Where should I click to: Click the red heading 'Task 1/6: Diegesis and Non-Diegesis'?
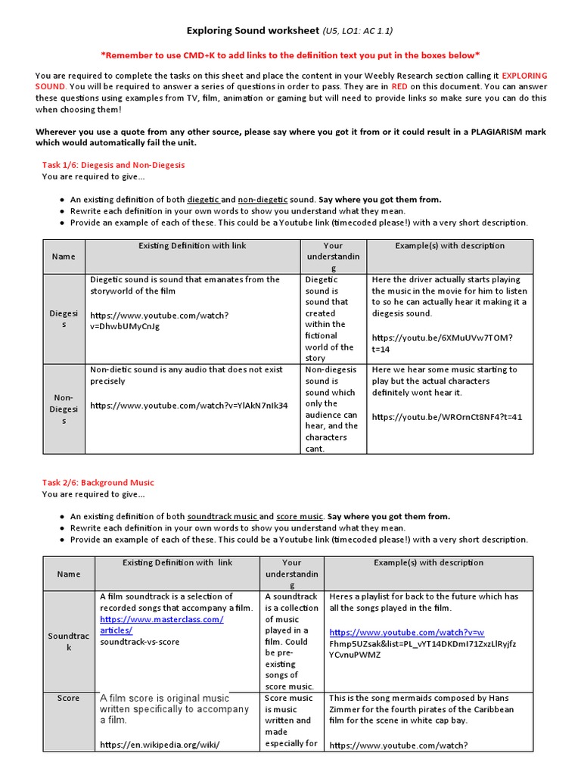113,164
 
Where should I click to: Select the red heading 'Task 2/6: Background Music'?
98,482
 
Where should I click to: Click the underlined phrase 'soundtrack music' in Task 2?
222,516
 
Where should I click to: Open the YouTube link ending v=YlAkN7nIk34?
188,406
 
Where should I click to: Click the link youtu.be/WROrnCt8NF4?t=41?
446,417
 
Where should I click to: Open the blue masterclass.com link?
161,624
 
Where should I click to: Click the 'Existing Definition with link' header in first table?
192,246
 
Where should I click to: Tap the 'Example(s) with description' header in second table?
428,562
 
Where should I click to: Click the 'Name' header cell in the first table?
64,257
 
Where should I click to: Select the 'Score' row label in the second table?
68,698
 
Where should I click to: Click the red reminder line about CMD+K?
290,55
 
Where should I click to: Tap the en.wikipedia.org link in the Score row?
160,745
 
